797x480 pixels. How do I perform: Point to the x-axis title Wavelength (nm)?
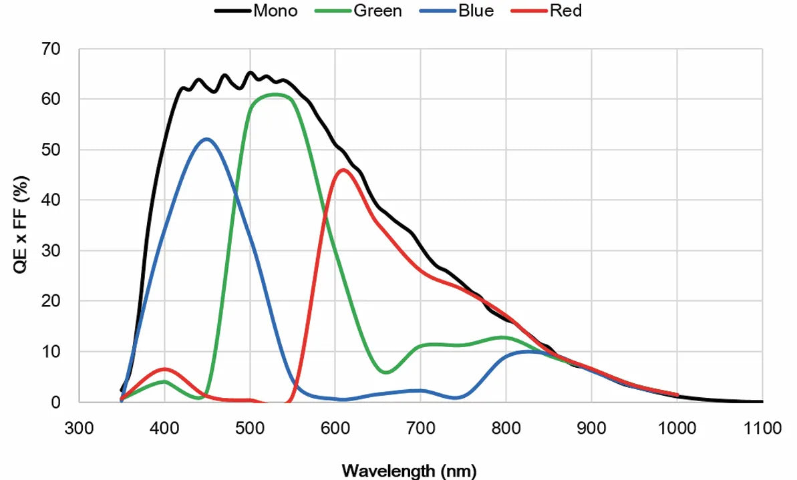[410, 471]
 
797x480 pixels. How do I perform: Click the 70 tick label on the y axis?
[50, 49]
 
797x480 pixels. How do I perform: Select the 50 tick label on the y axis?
[50, 150]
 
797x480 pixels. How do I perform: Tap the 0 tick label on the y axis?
[55, 402]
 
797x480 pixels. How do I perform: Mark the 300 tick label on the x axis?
[79, 428]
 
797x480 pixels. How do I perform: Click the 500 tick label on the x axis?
[250, 428]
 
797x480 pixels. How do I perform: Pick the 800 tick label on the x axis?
[506, 428]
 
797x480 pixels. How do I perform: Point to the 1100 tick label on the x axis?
[762, 428]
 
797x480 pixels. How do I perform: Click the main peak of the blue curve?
[206, 139]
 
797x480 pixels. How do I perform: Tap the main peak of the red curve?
[343, 170]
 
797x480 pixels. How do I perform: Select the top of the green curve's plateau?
[275, 94]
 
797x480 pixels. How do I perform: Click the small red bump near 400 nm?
[164, 369]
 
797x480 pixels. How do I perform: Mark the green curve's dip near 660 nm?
[386, 372]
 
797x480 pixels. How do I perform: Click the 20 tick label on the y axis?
[50, 301]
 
